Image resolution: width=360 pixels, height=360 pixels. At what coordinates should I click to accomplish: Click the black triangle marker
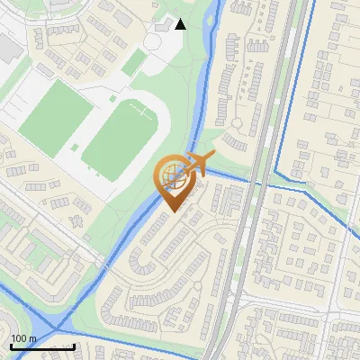(x=181, y=24)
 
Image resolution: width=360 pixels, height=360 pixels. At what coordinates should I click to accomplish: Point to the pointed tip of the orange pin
(x=173, y=211)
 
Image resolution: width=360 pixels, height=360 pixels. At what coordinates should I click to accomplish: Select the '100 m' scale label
(x=23, y=338)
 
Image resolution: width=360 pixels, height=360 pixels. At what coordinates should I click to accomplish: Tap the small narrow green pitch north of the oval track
(x=135, y=61)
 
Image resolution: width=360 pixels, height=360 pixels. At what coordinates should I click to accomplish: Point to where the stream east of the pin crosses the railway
(x=257, y=184)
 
